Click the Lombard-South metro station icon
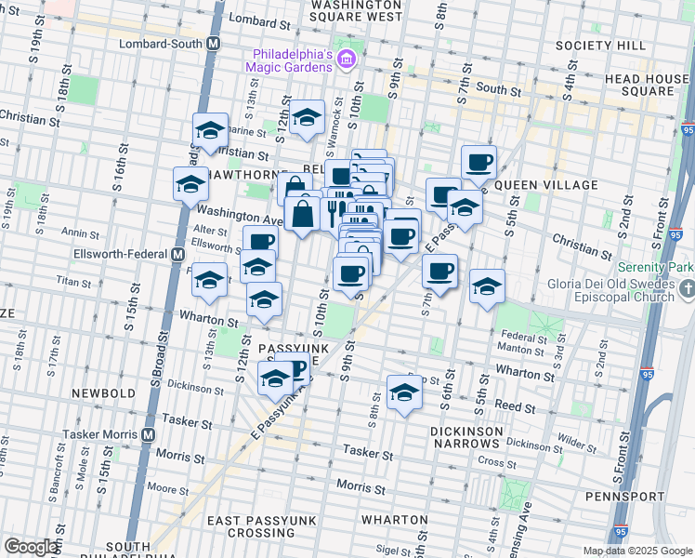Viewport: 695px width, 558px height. pos(214,44)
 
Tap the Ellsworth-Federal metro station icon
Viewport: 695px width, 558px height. pos(177,254)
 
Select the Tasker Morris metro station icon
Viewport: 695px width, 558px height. pos(149,434)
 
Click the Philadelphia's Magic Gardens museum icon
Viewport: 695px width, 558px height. pos(346,60)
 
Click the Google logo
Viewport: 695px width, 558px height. pos(30,546)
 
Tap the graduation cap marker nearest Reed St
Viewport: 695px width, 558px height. pos(403,394)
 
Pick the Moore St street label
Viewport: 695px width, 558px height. pos(167,488)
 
